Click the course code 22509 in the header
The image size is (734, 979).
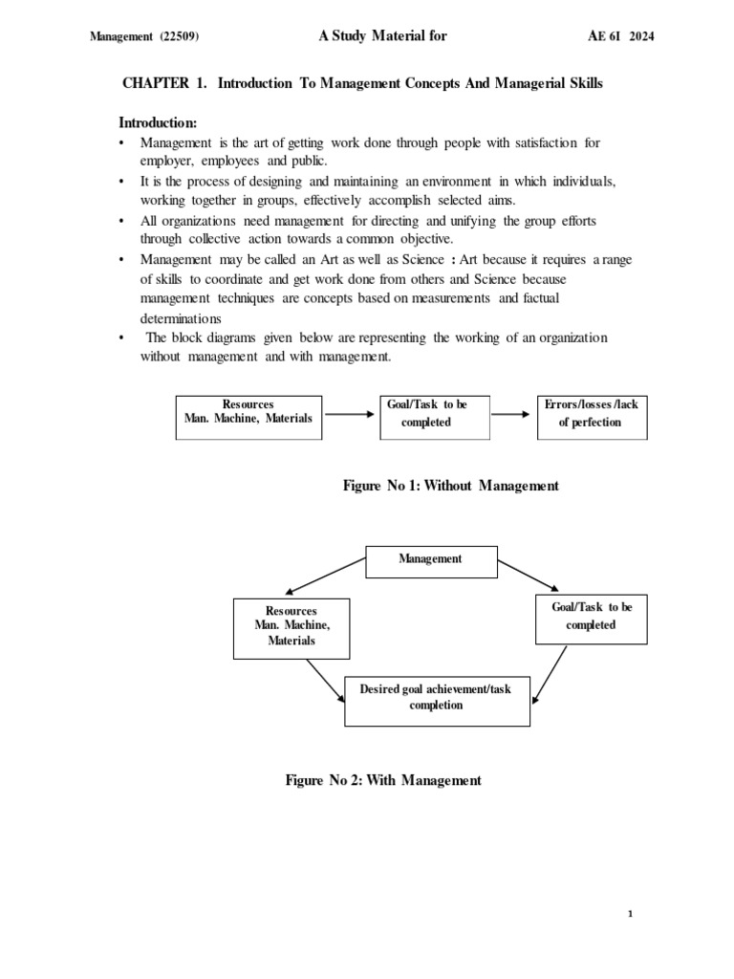[179, 37]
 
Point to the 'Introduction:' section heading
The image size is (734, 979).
[158, 122]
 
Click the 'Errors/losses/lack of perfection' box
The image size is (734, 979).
[592, 414]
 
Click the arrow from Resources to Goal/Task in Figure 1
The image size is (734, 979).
[351, 414]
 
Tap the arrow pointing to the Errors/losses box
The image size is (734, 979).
[513, 414]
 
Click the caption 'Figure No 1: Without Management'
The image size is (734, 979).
[450, 486]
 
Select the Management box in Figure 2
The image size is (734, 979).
[431, 559]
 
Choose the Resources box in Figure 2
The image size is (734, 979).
[291, 626]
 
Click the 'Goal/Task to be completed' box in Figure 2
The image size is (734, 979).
[591, 617]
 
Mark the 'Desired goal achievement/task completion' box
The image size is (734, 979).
[437, 698]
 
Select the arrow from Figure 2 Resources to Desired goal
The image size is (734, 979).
[324, 680]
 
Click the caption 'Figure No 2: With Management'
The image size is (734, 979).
[383, 780]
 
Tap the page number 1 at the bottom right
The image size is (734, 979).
[630, 914]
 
